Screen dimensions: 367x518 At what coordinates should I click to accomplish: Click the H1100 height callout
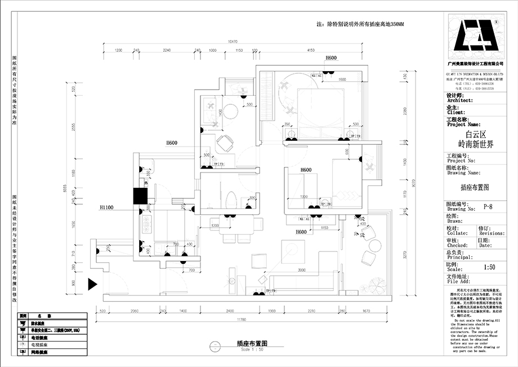click(x=107, y=207)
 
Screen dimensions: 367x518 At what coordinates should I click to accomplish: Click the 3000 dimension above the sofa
click(x=302, y=271)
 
